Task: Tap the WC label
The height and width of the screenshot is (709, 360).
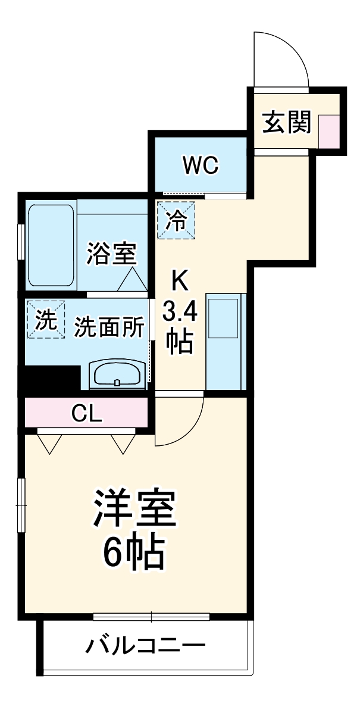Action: [x=201, y=165]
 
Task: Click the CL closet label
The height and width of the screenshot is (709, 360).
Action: [x=86, y=412]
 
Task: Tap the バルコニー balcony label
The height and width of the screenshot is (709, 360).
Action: [x=146, y=645]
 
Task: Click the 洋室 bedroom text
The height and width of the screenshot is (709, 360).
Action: [x=134, y=507]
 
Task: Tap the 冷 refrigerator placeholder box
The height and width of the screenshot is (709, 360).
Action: [x=176, y=220]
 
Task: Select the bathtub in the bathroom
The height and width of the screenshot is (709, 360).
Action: [x=51, y=246]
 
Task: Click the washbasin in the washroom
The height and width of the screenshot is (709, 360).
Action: [x=117, y=375]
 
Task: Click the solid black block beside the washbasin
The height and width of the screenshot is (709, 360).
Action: [x=51, y=379]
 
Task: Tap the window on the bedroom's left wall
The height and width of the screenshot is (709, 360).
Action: [x=21, y=505]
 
